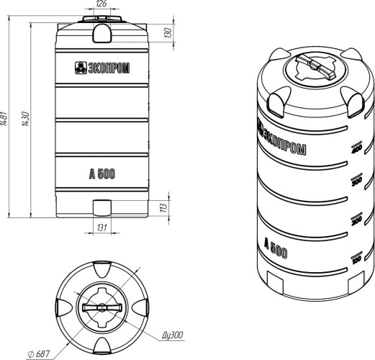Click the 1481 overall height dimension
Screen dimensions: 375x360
pyautogui.click(x=3, y=117)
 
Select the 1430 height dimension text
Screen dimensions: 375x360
pyautogui.click(x=25, y=119)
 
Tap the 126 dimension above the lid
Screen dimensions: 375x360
pyautogui.click(x=101, y=4)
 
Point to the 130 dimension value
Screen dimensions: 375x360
pyautogui.click(x=168, y=33)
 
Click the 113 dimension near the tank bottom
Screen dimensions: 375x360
pyautogui.click(x=163, y=207)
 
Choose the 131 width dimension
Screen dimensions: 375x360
pyautogui.click(x=102, y=228)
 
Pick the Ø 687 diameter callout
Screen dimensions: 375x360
pyautogui.click(x=39, y=354)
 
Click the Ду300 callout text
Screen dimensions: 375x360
pyautogui.click(x=173, y=335)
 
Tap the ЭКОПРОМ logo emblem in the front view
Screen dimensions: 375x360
pyautogui.click(x=81, y=68)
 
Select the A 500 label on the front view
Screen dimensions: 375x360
pyautogui.click(x=102, y=174)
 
